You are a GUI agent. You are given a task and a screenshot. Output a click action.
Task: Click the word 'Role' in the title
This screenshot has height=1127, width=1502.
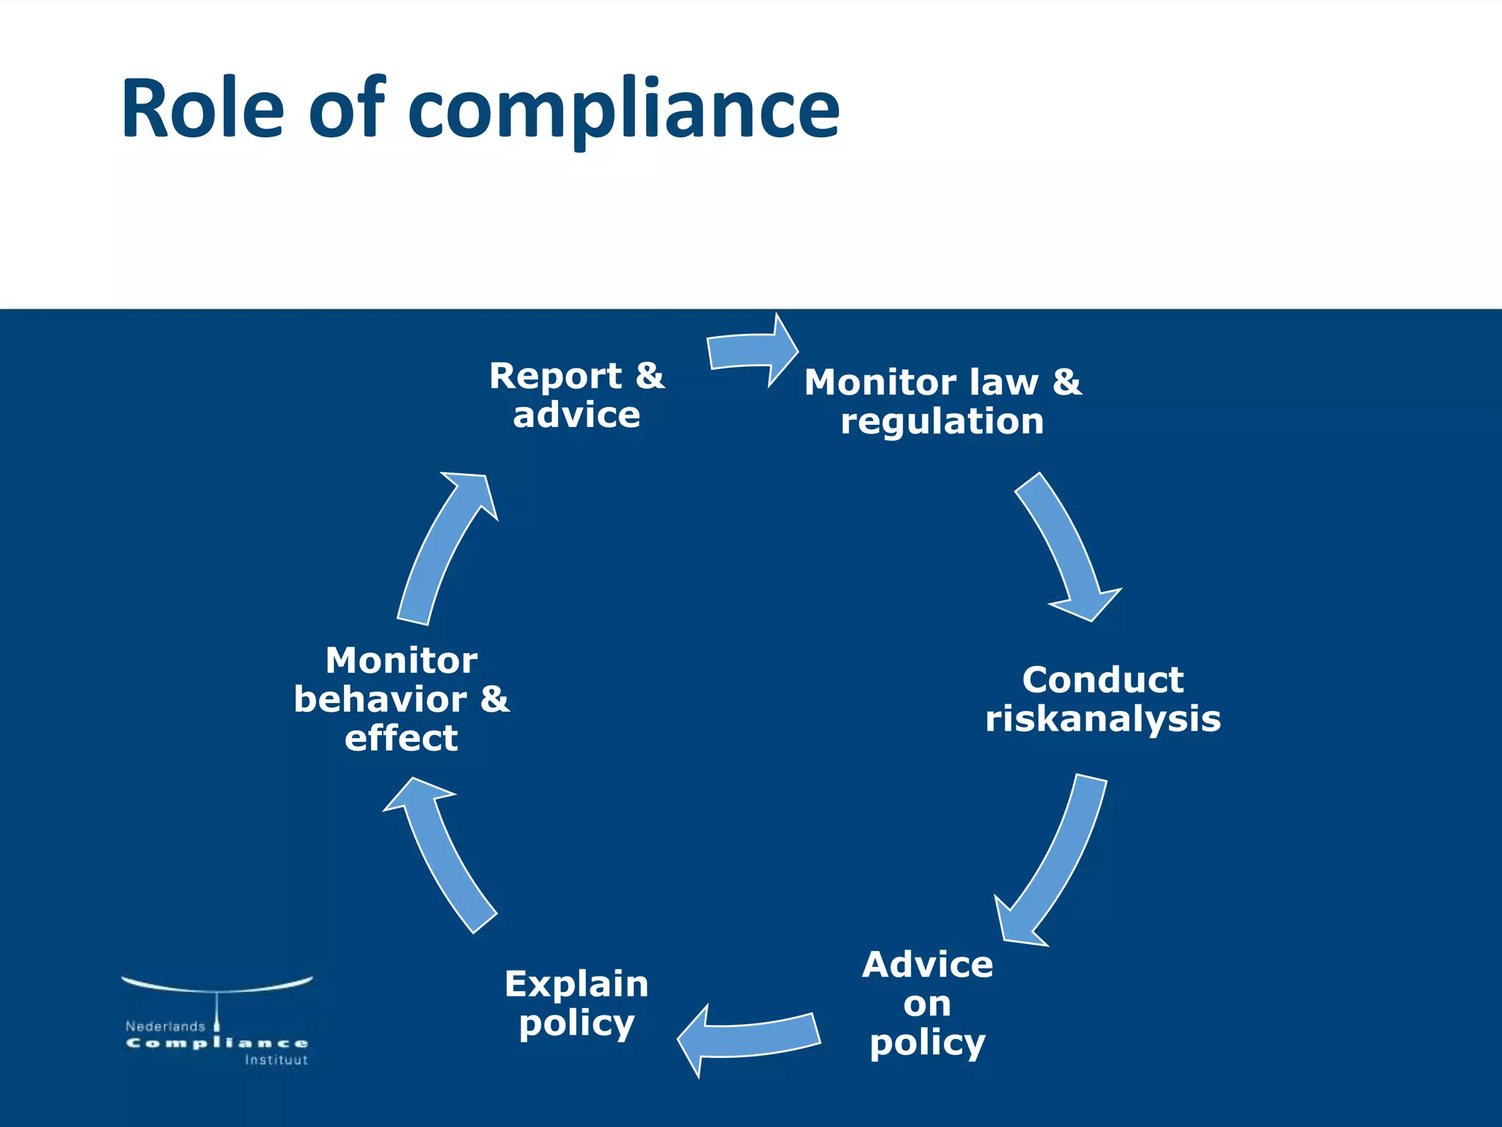(202, 109)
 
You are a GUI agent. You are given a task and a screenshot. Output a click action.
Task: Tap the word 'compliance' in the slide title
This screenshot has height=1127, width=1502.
(623, 111)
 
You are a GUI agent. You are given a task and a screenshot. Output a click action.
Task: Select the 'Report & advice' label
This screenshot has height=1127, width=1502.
(576, 395)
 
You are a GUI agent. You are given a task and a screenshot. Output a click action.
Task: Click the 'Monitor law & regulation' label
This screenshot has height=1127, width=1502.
(942, 401)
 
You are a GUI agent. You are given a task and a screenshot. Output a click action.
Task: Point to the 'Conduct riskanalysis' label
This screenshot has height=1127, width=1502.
(1102, 699)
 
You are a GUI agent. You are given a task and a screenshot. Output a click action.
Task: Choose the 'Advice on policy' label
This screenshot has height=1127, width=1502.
(928, 1003)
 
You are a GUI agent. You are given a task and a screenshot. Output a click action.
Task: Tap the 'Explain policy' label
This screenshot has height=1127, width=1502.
(576, 1003)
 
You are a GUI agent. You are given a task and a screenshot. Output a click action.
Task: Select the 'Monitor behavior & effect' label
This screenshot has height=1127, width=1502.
(401, 699)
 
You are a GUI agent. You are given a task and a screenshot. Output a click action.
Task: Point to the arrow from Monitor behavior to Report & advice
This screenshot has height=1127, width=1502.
(444, 547)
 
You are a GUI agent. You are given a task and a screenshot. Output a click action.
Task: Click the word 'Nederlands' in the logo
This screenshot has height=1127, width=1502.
(165, 1026)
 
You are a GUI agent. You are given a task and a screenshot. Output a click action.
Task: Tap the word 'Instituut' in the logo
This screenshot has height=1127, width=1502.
(276, 1060)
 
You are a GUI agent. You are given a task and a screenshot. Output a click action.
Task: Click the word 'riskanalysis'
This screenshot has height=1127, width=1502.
(1102, 719)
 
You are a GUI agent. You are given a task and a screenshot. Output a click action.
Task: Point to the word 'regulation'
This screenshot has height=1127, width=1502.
(942, 422)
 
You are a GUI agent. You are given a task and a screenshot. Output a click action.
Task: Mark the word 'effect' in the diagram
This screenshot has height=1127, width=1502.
(401, 738)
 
